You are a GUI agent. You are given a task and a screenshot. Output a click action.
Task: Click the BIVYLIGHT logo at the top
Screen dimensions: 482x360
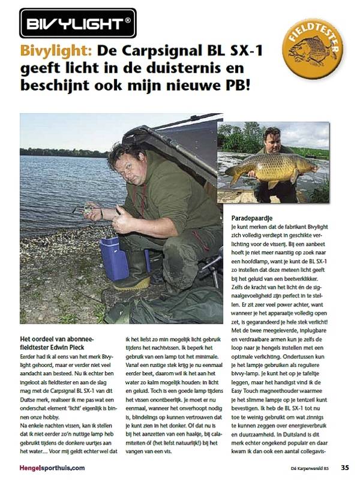(78, 23)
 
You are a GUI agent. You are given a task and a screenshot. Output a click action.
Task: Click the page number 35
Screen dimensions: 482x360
(344, 468)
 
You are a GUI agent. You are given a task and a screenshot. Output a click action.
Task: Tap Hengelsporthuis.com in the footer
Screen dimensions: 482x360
(52, 468)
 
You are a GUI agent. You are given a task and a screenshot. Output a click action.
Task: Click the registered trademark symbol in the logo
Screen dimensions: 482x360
(127, 22)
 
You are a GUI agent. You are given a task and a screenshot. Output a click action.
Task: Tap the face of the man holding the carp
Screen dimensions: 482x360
(272, 137)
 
